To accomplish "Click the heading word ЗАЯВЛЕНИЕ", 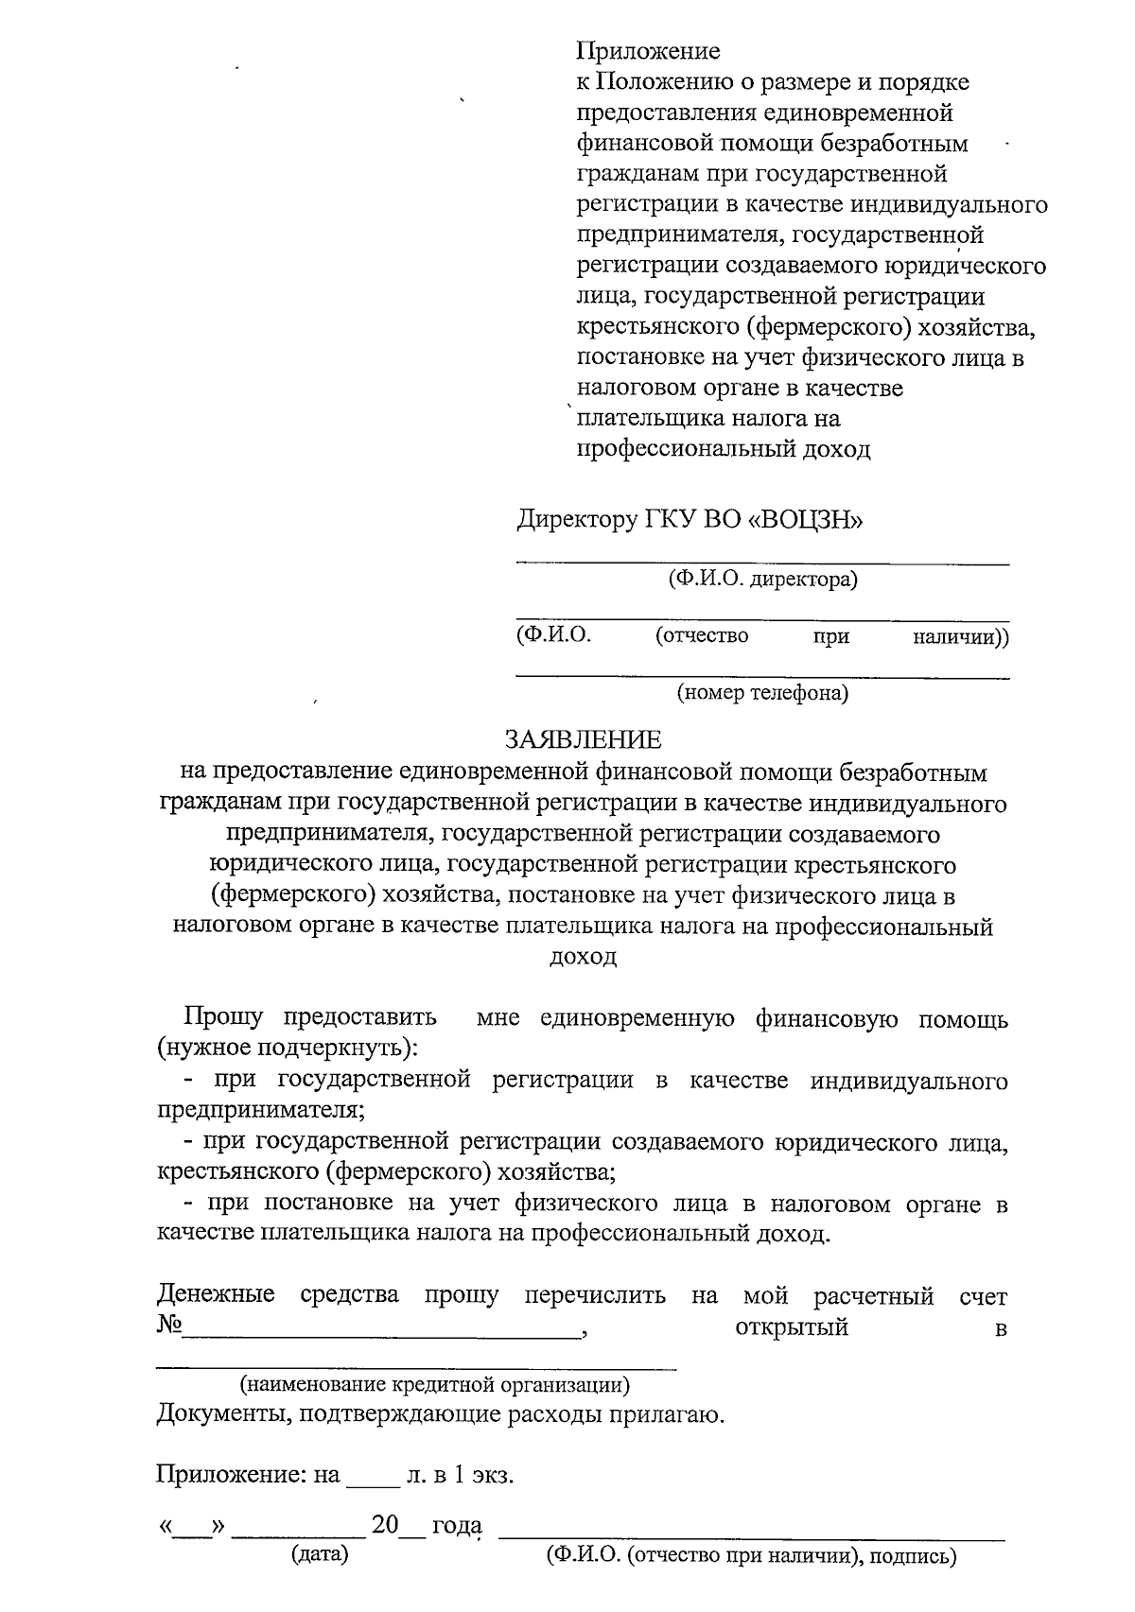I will (583, 739).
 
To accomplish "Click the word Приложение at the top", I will (648, 51).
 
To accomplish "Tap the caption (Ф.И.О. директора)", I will (762, 579).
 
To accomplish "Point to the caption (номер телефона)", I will (762, 694).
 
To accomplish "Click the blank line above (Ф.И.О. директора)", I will (762, 563).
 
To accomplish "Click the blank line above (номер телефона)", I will (762, 678).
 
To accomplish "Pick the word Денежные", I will (216, 1294).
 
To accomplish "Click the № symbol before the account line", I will (169, 1326).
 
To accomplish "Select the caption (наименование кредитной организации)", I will (435, 1386).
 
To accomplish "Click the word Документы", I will (214, 1415).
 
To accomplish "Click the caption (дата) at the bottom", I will (320, 1554).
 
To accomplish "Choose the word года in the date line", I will (458, 1526).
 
